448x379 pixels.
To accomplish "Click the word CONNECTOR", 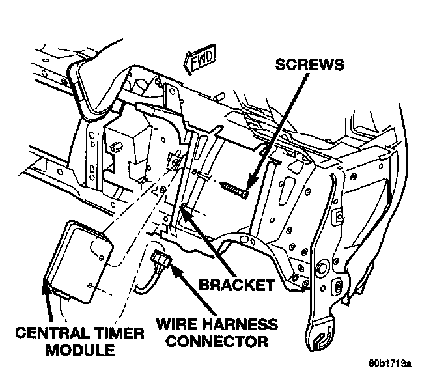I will (x=214, y=341).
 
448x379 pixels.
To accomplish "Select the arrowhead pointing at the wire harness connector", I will (x=171, y=264).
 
